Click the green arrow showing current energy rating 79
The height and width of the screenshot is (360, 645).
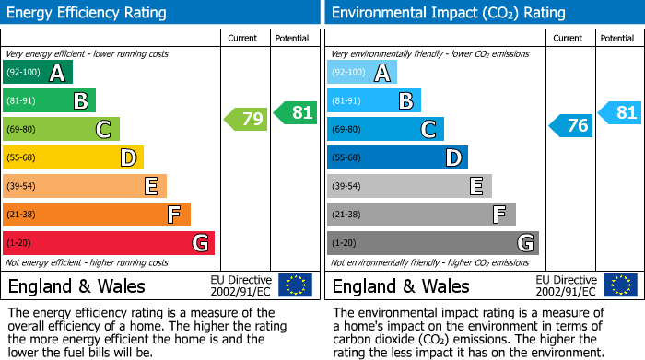pos(246,119)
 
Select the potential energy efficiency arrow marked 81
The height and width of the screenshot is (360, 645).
pos(296,112)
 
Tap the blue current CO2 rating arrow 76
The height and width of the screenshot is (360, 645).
pos(571,126)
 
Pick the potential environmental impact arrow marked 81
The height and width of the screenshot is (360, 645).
pos(620,113)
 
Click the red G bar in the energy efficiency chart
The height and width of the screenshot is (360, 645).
pos(109,243)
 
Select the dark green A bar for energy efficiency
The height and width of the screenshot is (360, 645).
pos(38,73)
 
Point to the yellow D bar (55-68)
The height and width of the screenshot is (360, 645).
pos(73,157)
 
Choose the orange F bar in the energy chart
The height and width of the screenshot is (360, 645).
pos(97,215)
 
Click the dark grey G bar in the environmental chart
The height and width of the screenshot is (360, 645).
pos(432,243)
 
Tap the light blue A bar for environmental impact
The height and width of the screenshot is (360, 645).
pos(362,73)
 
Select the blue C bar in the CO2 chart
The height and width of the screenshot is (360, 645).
pos(385,130)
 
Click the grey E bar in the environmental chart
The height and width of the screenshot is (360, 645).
pos(409,186)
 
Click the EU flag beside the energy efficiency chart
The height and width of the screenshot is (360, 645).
pos(295,285)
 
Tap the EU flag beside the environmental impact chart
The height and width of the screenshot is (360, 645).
pos(619,285)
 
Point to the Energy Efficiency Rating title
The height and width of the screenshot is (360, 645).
pos(88,13)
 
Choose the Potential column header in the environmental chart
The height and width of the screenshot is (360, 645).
pos(617,38)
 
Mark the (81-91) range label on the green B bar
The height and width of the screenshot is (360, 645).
pos(22,101)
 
